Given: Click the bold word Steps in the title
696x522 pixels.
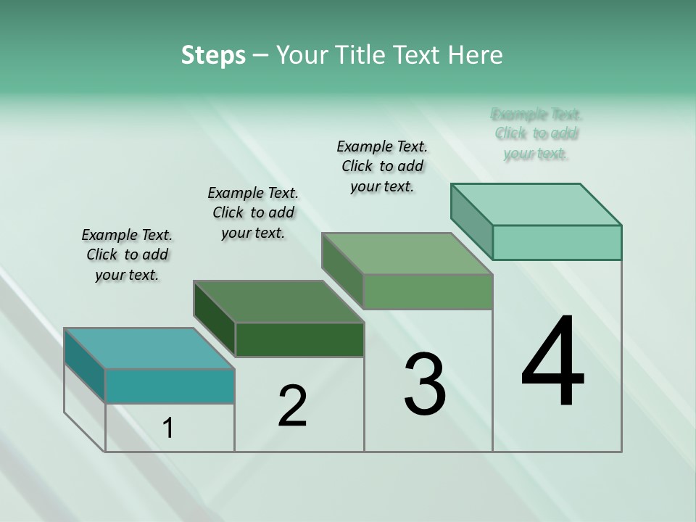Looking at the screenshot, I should (213, 55).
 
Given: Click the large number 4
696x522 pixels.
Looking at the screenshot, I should (552, 362).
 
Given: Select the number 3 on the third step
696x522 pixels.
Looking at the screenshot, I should (425, 384).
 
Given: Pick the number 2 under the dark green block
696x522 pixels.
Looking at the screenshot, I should (293, 406).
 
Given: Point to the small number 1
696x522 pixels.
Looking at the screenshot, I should (168, 428).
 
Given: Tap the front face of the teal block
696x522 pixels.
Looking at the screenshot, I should (170, 386).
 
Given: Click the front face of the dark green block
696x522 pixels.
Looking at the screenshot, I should (299, 339).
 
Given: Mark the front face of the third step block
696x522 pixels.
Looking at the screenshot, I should (428, 291).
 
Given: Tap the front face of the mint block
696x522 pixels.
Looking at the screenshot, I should (557, 242).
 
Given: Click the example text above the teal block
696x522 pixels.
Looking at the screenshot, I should (127, 254).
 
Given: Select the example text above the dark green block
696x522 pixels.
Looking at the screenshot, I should (253, 212).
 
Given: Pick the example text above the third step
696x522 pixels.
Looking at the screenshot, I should (382, 166).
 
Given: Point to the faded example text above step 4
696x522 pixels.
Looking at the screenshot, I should (536, 133).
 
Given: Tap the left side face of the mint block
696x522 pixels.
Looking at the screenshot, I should (471, 221).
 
